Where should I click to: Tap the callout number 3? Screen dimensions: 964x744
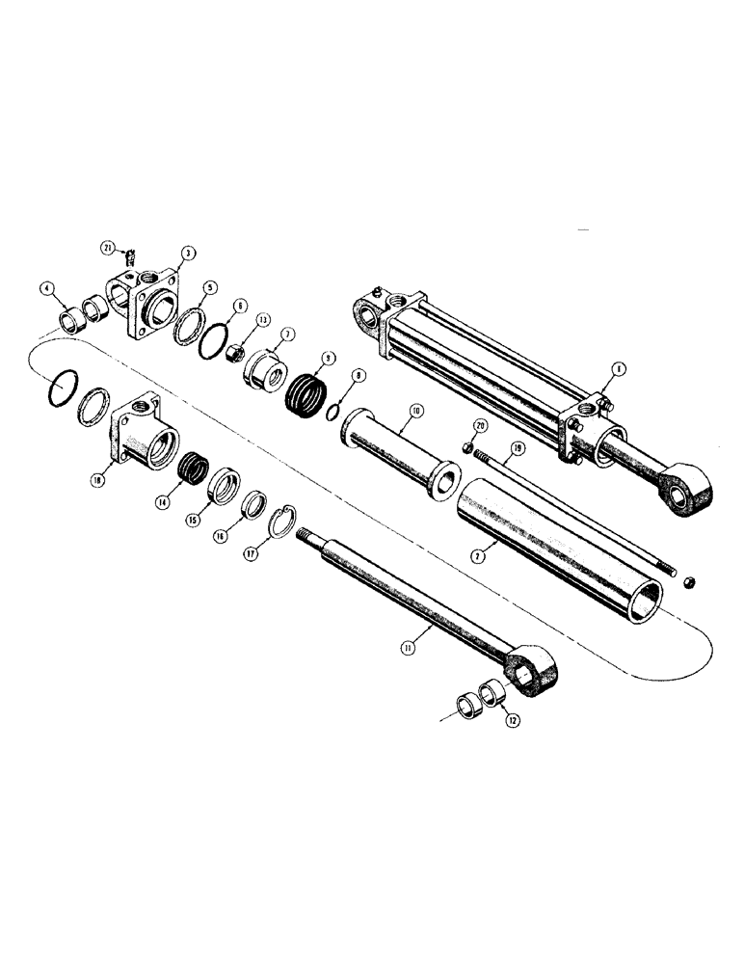[x=189, y=253]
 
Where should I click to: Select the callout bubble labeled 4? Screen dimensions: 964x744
[x=45, y=286]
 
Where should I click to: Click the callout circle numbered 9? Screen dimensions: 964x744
[x=330, y=358]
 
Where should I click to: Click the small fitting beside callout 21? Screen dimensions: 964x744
[x=132, y=255]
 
